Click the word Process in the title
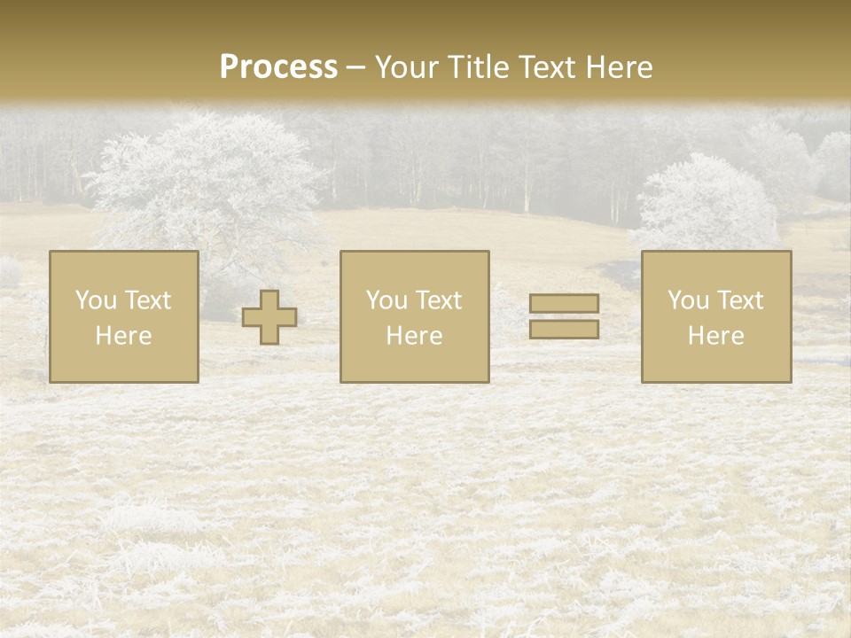tap(278, 67)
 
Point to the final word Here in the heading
tap(620, 67)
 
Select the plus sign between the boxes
tap(269, 317)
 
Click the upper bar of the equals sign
tap(564, 304)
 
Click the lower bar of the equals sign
tap(564, 329)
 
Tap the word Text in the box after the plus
tap(438, 300)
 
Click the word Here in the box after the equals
tap(716, 336)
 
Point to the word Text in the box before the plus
tap(147, 300)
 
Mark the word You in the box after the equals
tap(688, 300)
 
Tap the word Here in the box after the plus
tap(415, 336)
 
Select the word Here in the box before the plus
tap(124, 336)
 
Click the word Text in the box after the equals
tap(739, 300)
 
